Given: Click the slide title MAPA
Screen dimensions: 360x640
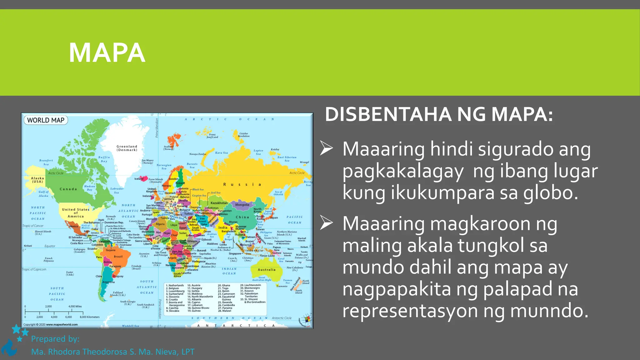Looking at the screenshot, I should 107,53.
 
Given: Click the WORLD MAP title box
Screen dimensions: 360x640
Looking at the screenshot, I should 46,120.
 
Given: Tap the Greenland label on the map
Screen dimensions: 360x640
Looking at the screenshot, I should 127,148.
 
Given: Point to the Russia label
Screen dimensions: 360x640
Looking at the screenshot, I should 242,184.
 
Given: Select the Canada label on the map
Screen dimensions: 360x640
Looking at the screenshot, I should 68,189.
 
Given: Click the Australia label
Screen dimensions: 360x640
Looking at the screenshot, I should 267,270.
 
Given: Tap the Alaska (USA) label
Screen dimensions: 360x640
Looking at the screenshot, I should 37,180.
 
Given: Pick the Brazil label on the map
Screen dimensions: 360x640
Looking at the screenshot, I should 118,257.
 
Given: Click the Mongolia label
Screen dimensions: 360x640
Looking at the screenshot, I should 242,205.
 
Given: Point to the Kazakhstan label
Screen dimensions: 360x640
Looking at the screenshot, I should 219,203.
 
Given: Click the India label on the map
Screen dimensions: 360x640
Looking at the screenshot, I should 223,227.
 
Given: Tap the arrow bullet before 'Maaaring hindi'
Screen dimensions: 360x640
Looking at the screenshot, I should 327,148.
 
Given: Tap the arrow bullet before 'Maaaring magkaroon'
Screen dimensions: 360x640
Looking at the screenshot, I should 327,223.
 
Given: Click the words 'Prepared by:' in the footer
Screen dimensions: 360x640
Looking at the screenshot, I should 55,339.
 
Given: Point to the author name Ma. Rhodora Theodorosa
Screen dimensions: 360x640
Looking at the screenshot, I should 80,352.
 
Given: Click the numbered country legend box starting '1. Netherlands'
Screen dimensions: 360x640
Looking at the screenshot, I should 215,298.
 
